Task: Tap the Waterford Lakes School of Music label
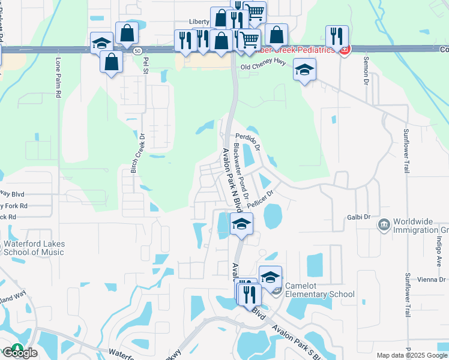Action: (x=34, y=248)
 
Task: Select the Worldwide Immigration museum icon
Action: (x=383, y=225)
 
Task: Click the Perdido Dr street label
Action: (x=247, y=140)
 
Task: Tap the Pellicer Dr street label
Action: (x=260, y=199)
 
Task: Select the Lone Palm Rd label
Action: (x=59, y=79)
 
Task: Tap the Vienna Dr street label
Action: (x=432, y=280)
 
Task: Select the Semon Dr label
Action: (x=365, y=71)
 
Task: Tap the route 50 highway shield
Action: (x=138, y=52)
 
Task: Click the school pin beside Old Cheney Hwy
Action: (x=304, y=70)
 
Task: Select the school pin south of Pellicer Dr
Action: (x=241, y=223)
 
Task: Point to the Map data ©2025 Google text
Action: (x=412, y=355)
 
